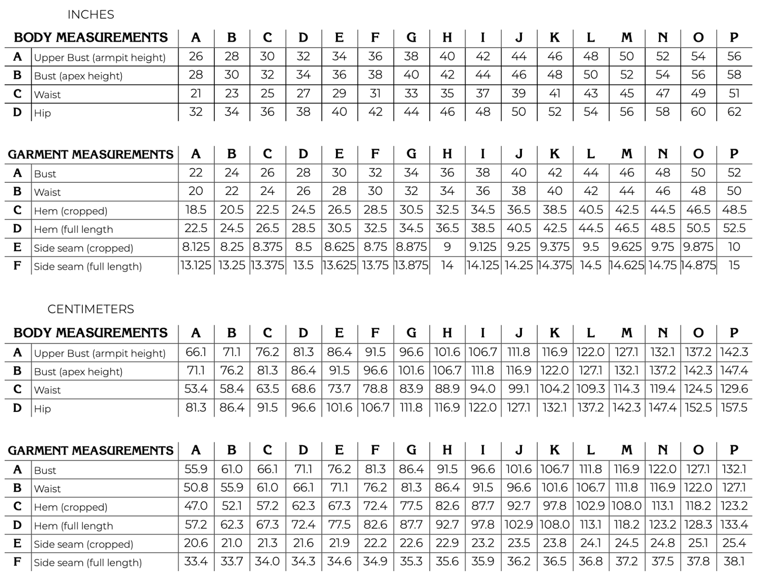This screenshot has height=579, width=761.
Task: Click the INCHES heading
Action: tap(91, 15)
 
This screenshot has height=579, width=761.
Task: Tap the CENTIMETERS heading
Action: tap(91, 309)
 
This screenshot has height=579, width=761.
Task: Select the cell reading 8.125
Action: tap(196, 247)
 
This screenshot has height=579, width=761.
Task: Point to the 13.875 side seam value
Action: tap(411, 266)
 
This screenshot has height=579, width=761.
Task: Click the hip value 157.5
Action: tap(734, 408)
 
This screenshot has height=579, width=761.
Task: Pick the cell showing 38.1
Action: tap(734, 562)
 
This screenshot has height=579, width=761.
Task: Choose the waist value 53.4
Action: tap(196, 389)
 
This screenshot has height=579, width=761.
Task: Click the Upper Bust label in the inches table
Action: tap(100, 57)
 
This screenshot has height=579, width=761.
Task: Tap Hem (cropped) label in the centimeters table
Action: tap(71, 507)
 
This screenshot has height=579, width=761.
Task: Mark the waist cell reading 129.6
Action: tap(734, 389)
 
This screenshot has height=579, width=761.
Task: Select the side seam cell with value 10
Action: tap(734, 247)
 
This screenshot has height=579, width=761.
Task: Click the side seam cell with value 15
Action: tap(734, 266)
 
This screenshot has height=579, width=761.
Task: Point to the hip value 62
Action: tap(734, 112)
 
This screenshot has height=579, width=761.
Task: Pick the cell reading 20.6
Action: tap(196, 543)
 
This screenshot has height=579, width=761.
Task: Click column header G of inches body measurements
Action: tap(411, 37)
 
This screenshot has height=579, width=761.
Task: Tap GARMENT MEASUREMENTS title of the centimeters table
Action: tap(91, 451)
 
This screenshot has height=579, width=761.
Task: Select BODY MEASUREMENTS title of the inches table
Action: tap(91, 37)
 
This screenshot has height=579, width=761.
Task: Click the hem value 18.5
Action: tap(196, 210)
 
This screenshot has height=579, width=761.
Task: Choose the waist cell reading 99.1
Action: tap(519, 389)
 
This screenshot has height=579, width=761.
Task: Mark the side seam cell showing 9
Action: tap(447, 247)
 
